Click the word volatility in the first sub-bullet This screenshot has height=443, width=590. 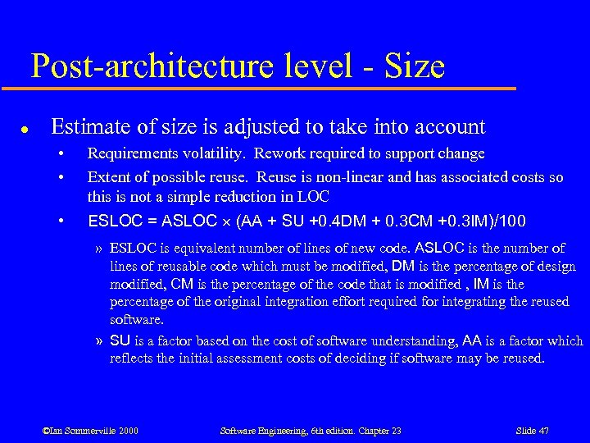point(219,154)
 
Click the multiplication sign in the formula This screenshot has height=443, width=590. point(224,222)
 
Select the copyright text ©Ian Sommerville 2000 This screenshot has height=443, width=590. point(90,431)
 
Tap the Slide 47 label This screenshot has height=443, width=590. point(533,431)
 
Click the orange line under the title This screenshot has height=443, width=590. point(270,88)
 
